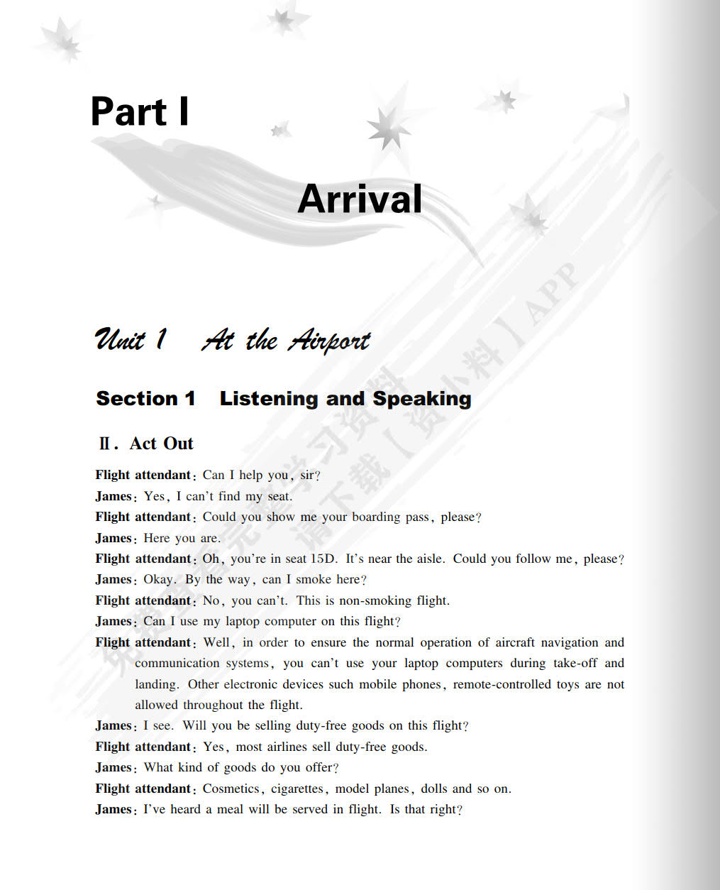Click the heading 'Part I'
pos(140,112)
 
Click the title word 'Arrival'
pos(360,199)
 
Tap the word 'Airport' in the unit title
pos(328,341)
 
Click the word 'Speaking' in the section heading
pos(422,399)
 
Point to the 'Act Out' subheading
pos(161,444)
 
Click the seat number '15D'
pos(323,559)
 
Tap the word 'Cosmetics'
pos(231,789)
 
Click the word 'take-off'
pos(575,663)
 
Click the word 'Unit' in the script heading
pos(121,340)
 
